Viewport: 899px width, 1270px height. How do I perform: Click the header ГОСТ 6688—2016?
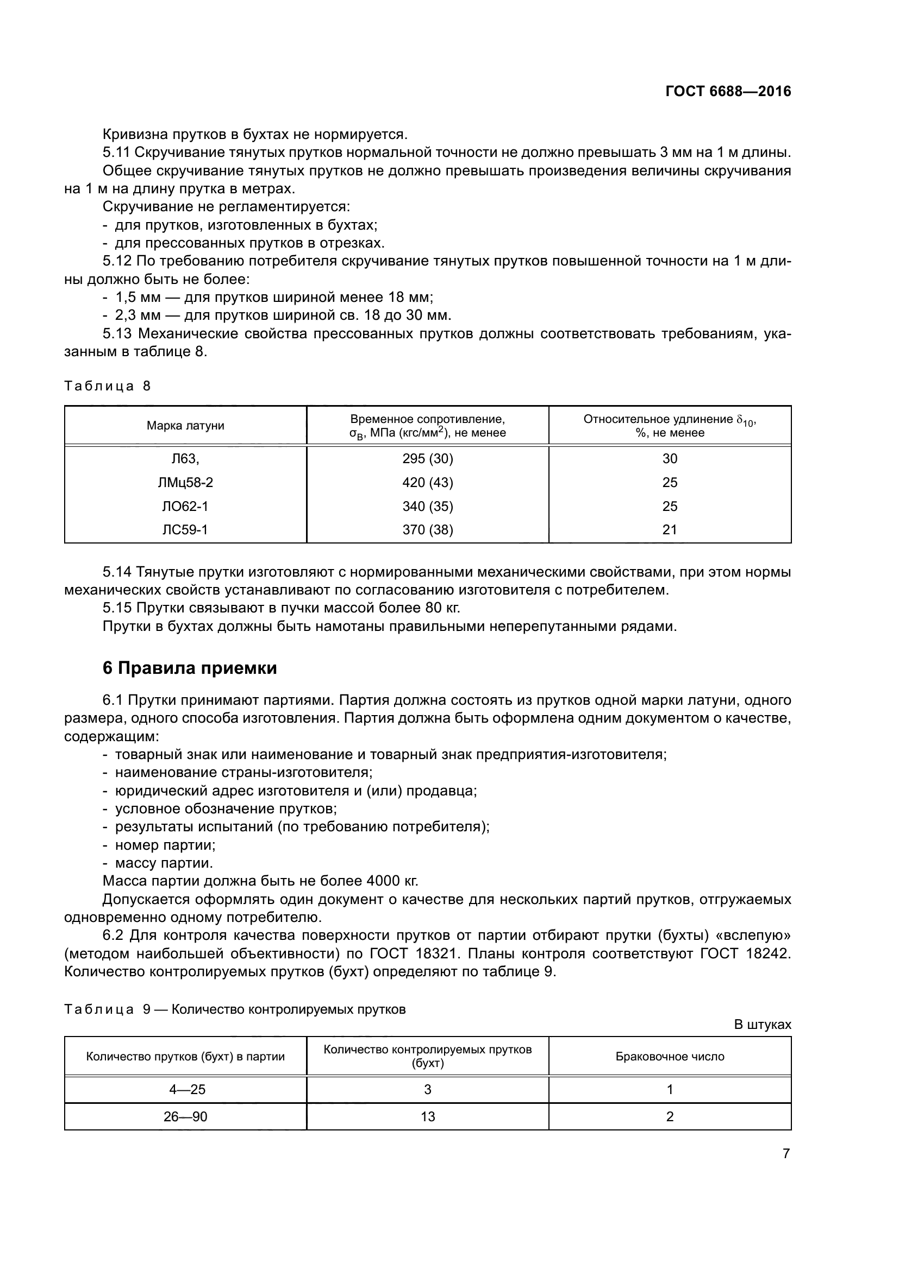coord(728,92)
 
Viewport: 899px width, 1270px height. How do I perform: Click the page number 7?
coord(786,1153)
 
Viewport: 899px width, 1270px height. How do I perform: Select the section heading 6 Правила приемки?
coord(189,668)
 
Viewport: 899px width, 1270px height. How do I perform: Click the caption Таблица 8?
coord(108,386)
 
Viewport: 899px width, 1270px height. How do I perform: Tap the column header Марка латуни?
coord(185,425)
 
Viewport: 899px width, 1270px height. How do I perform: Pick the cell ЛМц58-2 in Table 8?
coord(185,482)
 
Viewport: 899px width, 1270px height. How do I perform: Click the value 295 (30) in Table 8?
coord(427,459)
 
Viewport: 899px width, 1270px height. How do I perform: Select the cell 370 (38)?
coord(427,530)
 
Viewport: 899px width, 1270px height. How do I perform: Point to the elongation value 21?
coord(670,530)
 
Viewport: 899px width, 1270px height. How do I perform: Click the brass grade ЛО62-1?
coord(185,506)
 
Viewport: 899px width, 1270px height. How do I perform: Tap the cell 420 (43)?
coord(427,482)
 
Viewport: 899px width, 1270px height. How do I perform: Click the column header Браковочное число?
coord(670,1057)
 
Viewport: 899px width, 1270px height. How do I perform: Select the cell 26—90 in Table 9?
coord(185,1116)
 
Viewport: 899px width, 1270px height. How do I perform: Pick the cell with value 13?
coord(427,1116)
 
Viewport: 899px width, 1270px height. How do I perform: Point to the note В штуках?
coord(762,1025)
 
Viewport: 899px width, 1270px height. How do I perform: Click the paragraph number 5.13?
coord(117,333)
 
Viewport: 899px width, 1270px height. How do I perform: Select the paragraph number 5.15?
coord(117,608)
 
